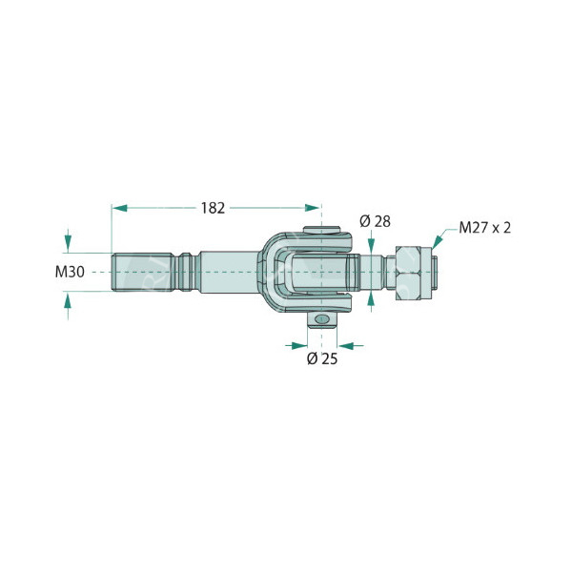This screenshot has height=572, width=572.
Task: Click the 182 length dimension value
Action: [213, 207]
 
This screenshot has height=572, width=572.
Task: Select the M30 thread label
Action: [70, 272]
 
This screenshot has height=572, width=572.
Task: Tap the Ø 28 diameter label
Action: [375, 222]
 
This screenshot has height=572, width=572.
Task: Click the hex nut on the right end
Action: [413, 272]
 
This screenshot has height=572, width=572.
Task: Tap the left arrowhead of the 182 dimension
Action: [119, 207]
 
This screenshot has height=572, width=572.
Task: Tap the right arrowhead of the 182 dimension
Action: [314, 207]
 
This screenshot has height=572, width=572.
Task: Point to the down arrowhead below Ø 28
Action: [371, 247]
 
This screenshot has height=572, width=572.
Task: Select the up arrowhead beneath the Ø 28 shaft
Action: [371, 296]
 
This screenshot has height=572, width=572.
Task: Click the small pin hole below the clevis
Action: [322, 318]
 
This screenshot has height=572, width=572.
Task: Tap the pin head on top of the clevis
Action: [322, 230]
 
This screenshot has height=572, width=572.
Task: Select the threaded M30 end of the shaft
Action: [143, 271]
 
